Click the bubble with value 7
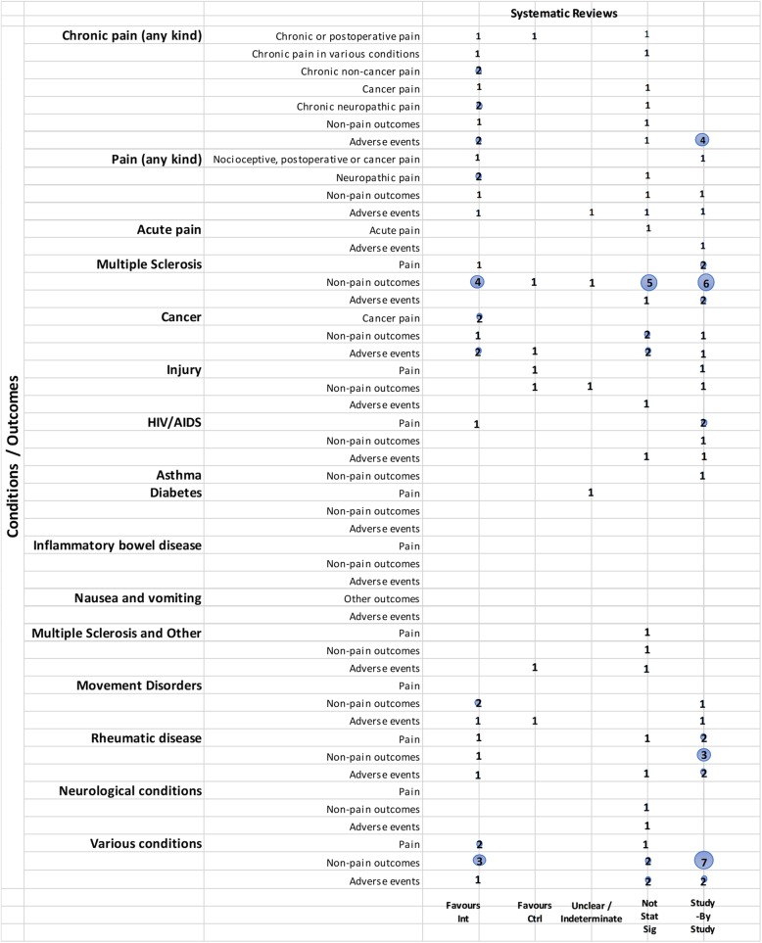[x=704, y=861]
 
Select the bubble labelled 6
[x=704, y=282]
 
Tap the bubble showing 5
[x=647, y=282]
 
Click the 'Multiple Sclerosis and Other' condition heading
[x=117, y=634]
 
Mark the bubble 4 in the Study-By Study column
[x=702, y=139]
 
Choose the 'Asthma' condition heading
[x=176, y=475]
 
